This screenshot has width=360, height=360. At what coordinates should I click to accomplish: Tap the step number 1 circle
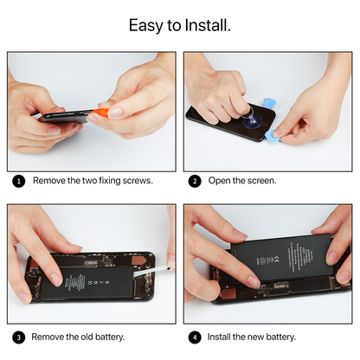[x=19, y=182]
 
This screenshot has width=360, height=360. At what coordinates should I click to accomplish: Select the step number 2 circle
[x=195, y=182]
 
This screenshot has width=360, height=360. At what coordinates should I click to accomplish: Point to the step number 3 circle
[x=19, y=337]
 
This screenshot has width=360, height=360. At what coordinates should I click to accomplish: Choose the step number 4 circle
[x=195, y=337]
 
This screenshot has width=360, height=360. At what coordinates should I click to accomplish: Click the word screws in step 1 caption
[x=136, y=182]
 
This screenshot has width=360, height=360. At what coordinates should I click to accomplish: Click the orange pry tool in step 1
[x=102, y=112]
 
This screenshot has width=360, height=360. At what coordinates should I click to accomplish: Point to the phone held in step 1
[x=65, y=117]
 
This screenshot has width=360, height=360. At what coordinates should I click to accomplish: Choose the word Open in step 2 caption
[x=220, y=182]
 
